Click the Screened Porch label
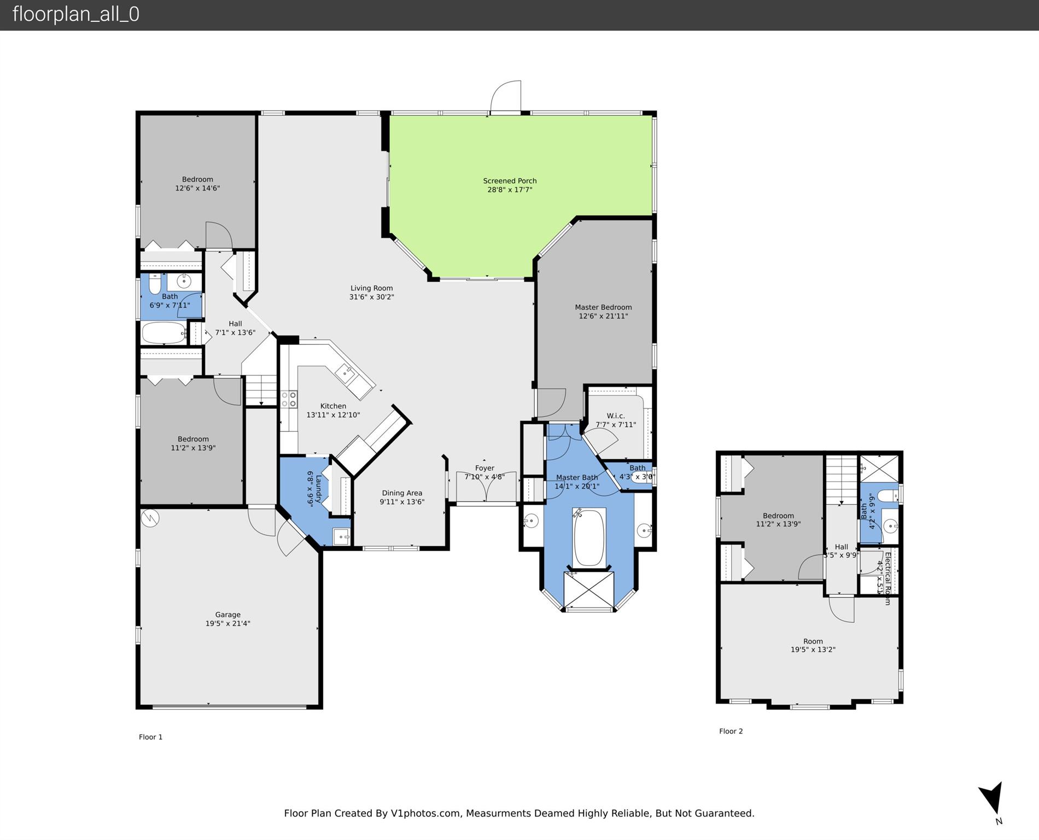coord(510,181)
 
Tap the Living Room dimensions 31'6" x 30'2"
coord(371,297)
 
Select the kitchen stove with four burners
coord(289,399)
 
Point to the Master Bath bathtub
coord(589,537)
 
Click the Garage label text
coord(227,615)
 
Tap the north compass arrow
coord(993,797)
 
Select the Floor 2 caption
coord(731,731)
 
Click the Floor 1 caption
coord(150,737)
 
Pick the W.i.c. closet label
coord(615,416)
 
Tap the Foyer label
coord(485,468)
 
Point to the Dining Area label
coord(402,493)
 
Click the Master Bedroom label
coord(603,307)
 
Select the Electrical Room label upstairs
coord(887,578)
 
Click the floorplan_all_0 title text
coord(76,14)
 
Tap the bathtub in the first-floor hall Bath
coord(164,332)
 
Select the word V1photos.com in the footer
coord(425,813)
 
